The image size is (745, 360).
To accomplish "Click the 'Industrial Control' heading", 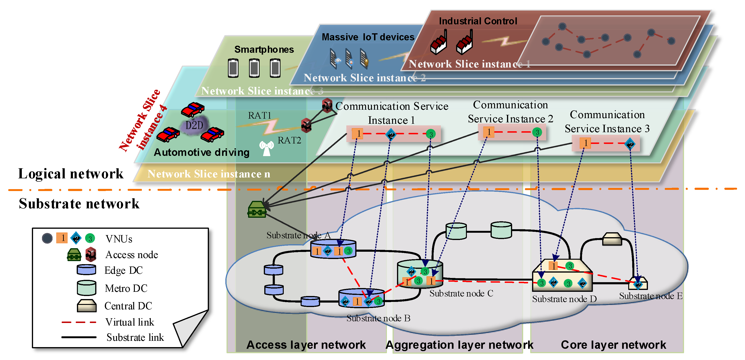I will click(478, 21).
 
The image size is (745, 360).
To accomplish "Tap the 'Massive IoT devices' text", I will click(368, 37).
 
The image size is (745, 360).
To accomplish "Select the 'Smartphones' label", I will click(264, 49).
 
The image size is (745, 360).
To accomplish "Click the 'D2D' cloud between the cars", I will click(194, 125).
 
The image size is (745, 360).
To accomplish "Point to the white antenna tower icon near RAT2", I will click(266, 148).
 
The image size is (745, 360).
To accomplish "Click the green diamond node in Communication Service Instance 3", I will click(630, 144).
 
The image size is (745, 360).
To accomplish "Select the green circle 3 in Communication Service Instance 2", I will click(537, 132).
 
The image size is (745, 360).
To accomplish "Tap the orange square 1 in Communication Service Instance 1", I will click(358, 134).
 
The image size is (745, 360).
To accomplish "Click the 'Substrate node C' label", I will click(461, 293).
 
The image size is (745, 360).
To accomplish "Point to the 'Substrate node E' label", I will click(651, 296).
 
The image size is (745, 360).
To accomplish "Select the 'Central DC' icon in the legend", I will click(87, 305).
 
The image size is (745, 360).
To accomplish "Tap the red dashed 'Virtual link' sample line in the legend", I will click(79, 322).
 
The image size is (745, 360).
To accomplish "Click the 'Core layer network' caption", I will click(613, 345).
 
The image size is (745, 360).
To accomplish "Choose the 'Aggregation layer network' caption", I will click(459, 345).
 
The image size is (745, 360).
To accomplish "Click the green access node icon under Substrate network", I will click(257, 209).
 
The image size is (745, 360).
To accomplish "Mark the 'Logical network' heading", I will click(71, 173).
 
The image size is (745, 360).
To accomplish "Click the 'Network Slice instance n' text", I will click(208, 174).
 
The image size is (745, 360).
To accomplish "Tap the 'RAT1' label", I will click(259, 115).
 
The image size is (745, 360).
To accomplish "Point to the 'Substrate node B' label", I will click(378, 318).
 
